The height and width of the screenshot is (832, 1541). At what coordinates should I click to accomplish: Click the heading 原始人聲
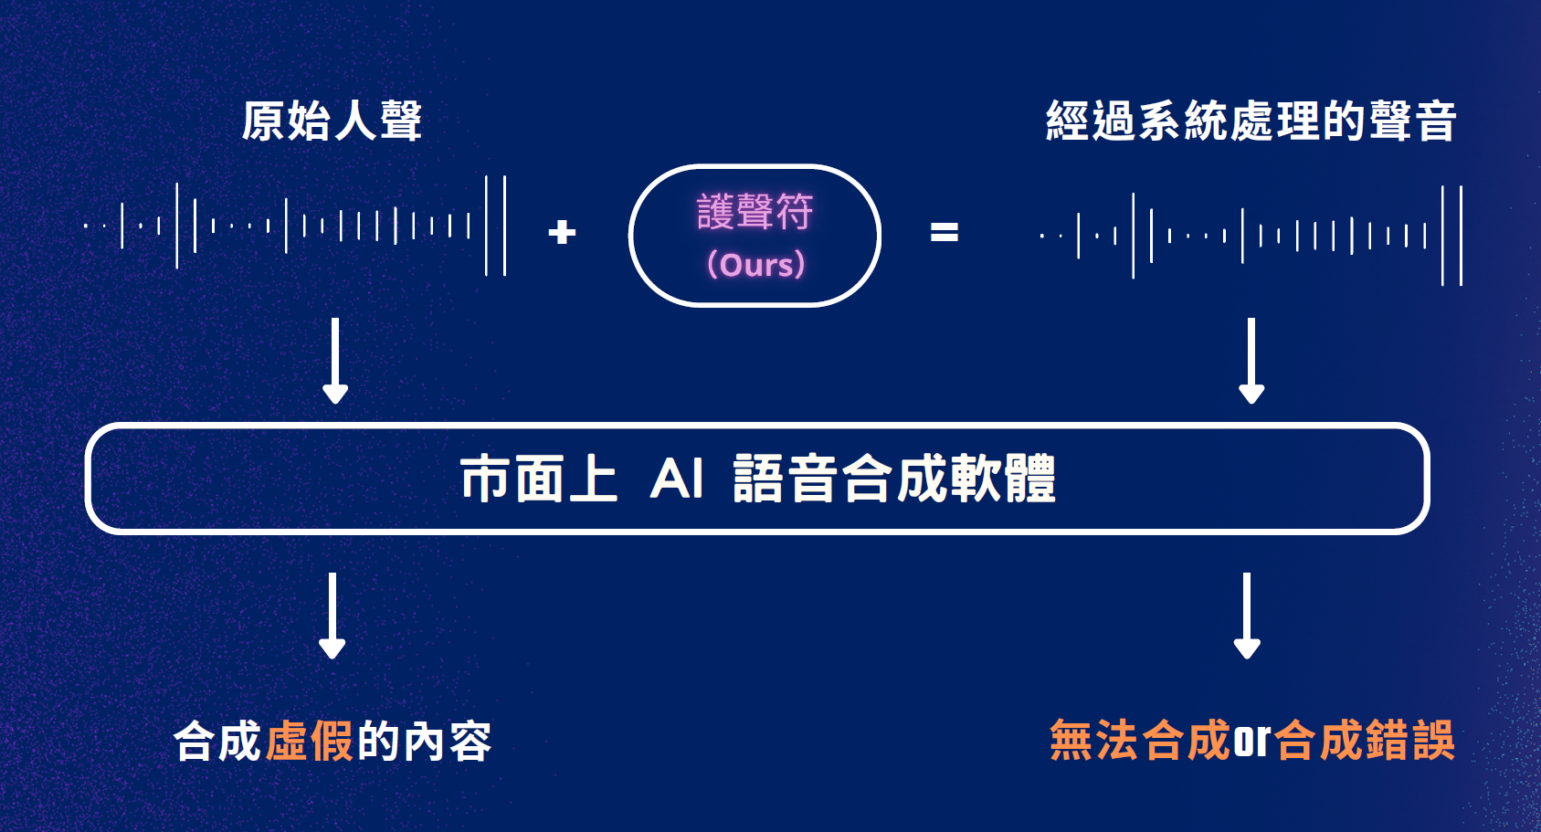click(x=332, y=121)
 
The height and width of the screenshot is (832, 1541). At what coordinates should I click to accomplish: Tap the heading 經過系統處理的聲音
click(x=1251, y=121)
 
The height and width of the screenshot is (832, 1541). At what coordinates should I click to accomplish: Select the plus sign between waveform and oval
click(x=562, y=232)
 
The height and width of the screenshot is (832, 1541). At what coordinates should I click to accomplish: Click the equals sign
click(x=944, y=232)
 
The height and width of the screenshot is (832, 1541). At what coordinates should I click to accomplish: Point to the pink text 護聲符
click(x=755, y=212)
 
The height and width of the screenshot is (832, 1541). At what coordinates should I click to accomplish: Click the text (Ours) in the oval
click(x=755, y=265)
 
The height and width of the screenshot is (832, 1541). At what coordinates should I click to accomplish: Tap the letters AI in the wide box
click(x=677, y=479)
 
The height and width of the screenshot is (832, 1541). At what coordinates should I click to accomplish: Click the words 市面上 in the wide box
click(x=539, y=479)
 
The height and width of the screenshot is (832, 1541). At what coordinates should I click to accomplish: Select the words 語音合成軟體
click(x=894, y=479)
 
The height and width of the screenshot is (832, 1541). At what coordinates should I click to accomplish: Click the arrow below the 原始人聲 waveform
click(x=335, y=360)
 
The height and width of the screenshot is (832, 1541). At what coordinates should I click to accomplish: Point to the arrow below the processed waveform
click(x=1251, y=360)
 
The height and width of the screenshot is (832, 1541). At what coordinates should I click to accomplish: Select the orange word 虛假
click(x=309, y=741)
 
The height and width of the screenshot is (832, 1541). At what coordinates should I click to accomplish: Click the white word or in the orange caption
click(x=1251, y=741)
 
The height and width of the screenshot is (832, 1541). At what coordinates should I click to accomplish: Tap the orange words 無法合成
click(x=1140, y=741)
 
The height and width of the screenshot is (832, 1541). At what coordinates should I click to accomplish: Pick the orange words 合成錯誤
click(x=1364, y=741)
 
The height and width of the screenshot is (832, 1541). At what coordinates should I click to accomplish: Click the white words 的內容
click(x=425, y=741)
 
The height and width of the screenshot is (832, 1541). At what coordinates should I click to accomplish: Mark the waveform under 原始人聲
click(x=294, y=226)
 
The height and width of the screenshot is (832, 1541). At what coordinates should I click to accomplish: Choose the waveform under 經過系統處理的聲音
click(x=1251, y=236)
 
